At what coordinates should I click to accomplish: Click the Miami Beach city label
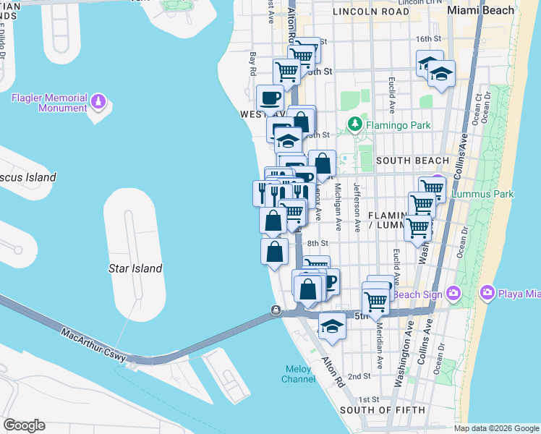tap(480, 10)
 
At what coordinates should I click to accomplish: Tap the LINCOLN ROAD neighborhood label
tap(366, 12)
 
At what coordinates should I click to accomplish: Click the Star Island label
tap(135, 268)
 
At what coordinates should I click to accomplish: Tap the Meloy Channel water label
tap(297, 374)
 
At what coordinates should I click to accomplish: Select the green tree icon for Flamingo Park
tap(354, 124)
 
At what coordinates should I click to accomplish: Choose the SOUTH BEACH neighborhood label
tap(413, 161)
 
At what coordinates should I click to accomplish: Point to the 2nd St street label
tap(359, 377)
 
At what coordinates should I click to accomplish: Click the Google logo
tap(24, 425)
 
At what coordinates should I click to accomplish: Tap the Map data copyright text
tap(496, 428)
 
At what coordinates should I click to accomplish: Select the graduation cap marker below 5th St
tap(332, 325)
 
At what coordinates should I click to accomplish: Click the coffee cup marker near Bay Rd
tap(270, 98)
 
